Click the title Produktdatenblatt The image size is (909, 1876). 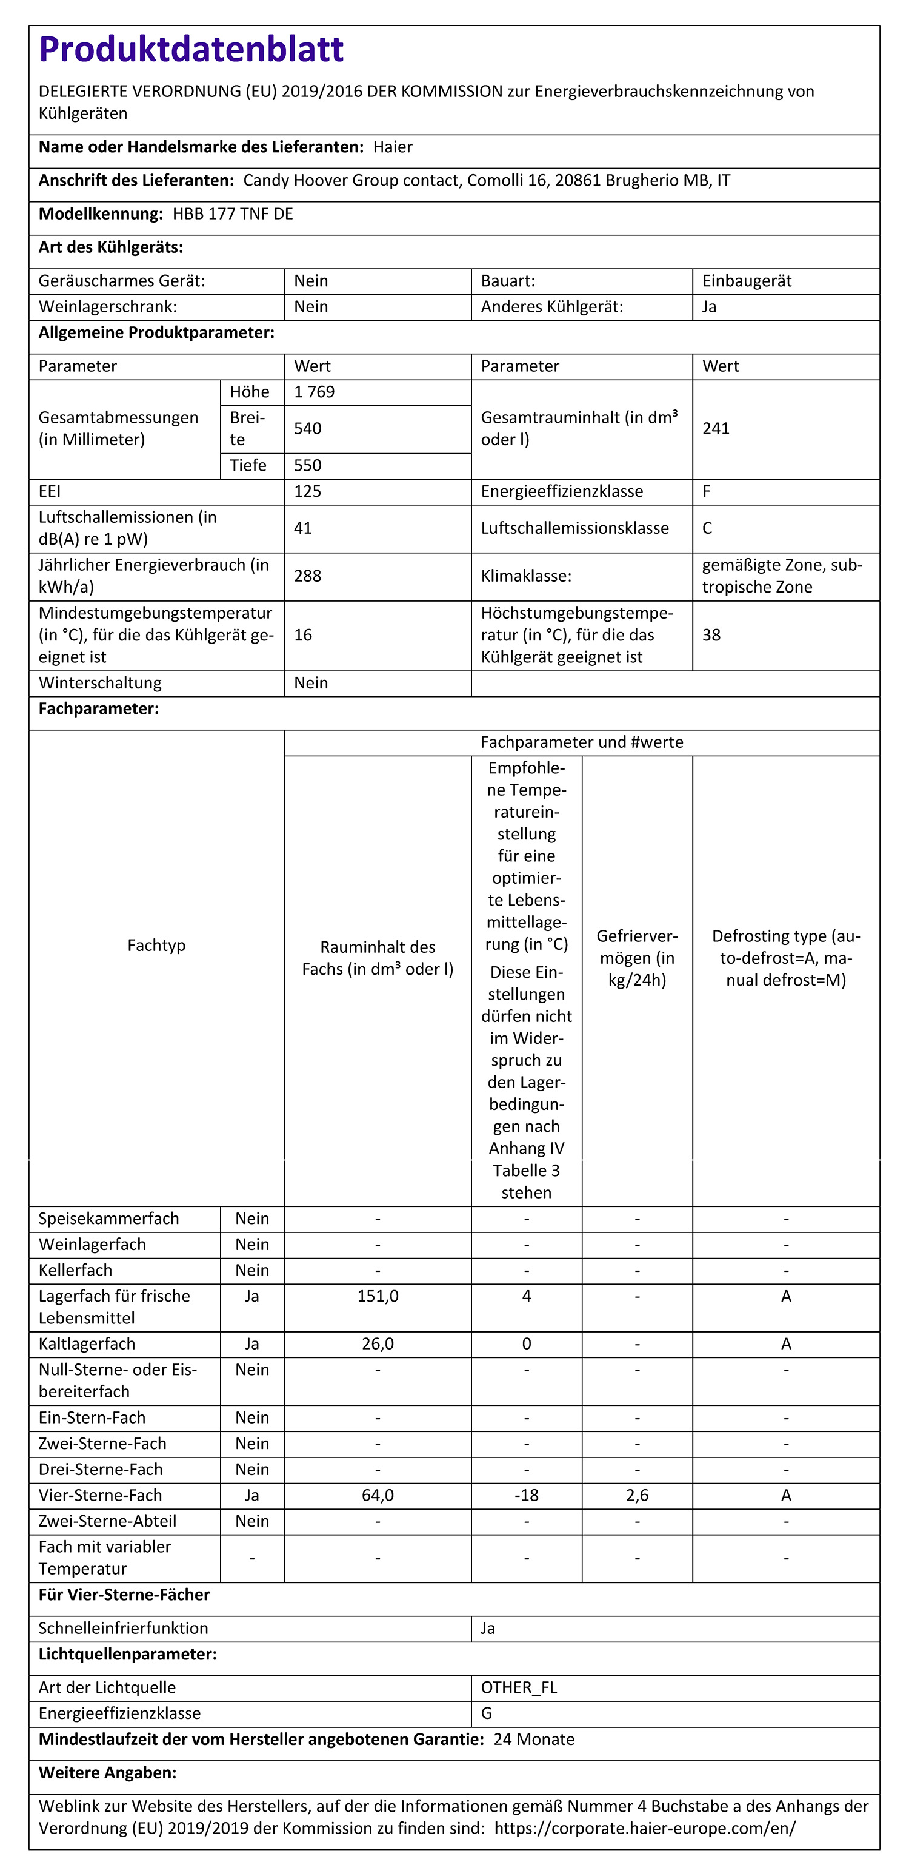[191, 50]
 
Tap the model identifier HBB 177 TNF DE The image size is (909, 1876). [233, 214]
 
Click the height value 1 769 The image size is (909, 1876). [315, 392]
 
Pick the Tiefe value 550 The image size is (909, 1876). [307, 465]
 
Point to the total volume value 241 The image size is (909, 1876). [716, 428]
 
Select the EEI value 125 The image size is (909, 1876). [307, 491]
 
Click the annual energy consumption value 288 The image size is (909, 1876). [307, 576]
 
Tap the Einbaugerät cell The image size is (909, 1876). [747, 281]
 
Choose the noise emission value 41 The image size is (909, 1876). [303, 528]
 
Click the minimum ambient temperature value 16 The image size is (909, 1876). [303, 635]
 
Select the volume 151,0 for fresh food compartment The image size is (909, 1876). [378, 1296]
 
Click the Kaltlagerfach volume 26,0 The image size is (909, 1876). [378, 1343]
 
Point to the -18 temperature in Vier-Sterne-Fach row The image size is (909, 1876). [526, 1495]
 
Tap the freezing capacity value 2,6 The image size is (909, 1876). [637, 1495]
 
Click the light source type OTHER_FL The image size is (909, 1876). [519, 1687]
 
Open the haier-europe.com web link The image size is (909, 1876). [645, 1828]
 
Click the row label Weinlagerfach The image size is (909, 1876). [93, 1244]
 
